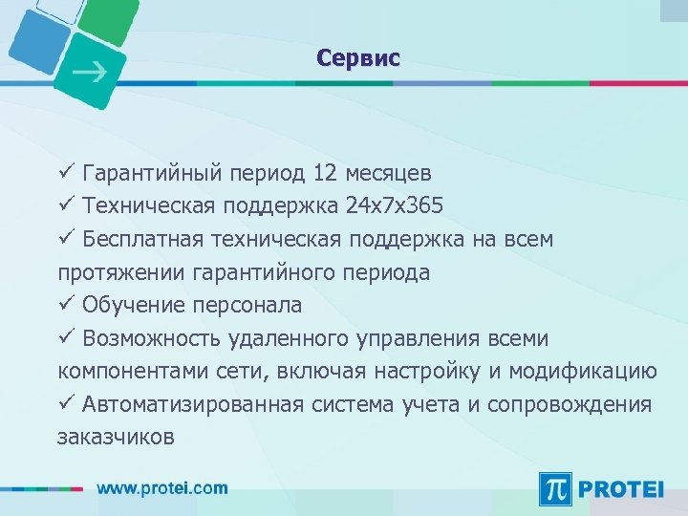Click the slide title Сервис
[358, 58]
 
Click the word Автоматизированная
[195, 404]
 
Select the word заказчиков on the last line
[116, 438]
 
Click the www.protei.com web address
[162, 488]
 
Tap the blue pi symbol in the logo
[556, 488]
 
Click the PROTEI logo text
[620, 488]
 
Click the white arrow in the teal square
[91, 72]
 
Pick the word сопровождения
[570, 404]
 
